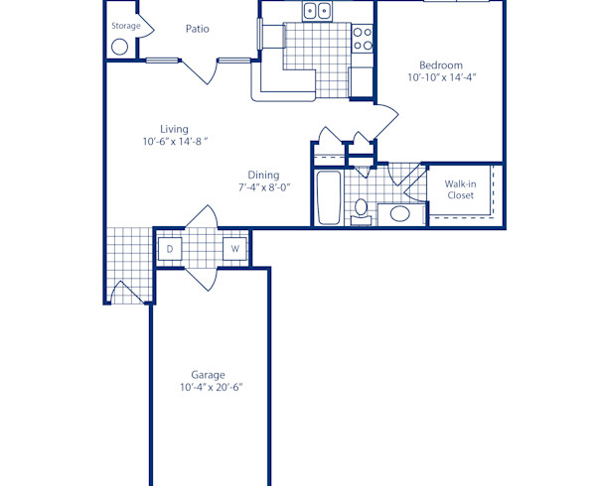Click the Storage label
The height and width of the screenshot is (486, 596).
[x=125, y=26]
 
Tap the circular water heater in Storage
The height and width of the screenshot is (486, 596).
[x=120, y=46]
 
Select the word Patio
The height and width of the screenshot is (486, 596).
[x=197, y=29]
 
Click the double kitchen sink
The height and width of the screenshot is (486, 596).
[x=317, y=11]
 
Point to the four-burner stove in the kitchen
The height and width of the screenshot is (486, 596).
[x=364, y=38]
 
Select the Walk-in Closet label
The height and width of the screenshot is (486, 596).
[x=459, y=189]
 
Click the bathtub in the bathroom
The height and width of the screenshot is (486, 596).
[x=327, y=197]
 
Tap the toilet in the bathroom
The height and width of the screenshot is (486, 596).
[x=362, y=210]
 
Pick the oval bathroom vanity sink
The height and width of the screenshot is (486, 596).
[x=400, y=213]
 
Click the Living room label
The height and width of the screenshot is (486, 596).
[x=174, y=129]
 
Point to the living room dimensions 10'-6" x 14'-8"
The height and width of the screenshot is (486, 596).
[x=174, y=143]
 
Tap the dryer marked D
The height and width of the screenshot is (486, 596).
[x=169, y=249]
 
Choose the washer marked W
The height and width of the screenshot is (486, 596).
[x=235, y=249]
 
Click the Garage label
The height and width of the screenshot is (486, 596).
[x=210, y=374]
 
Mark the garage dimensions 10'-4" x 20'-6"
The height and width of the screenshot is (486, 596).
[x=210, y=387]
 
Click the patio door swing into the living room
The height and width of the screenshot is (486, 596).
[x=201, y=72]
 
